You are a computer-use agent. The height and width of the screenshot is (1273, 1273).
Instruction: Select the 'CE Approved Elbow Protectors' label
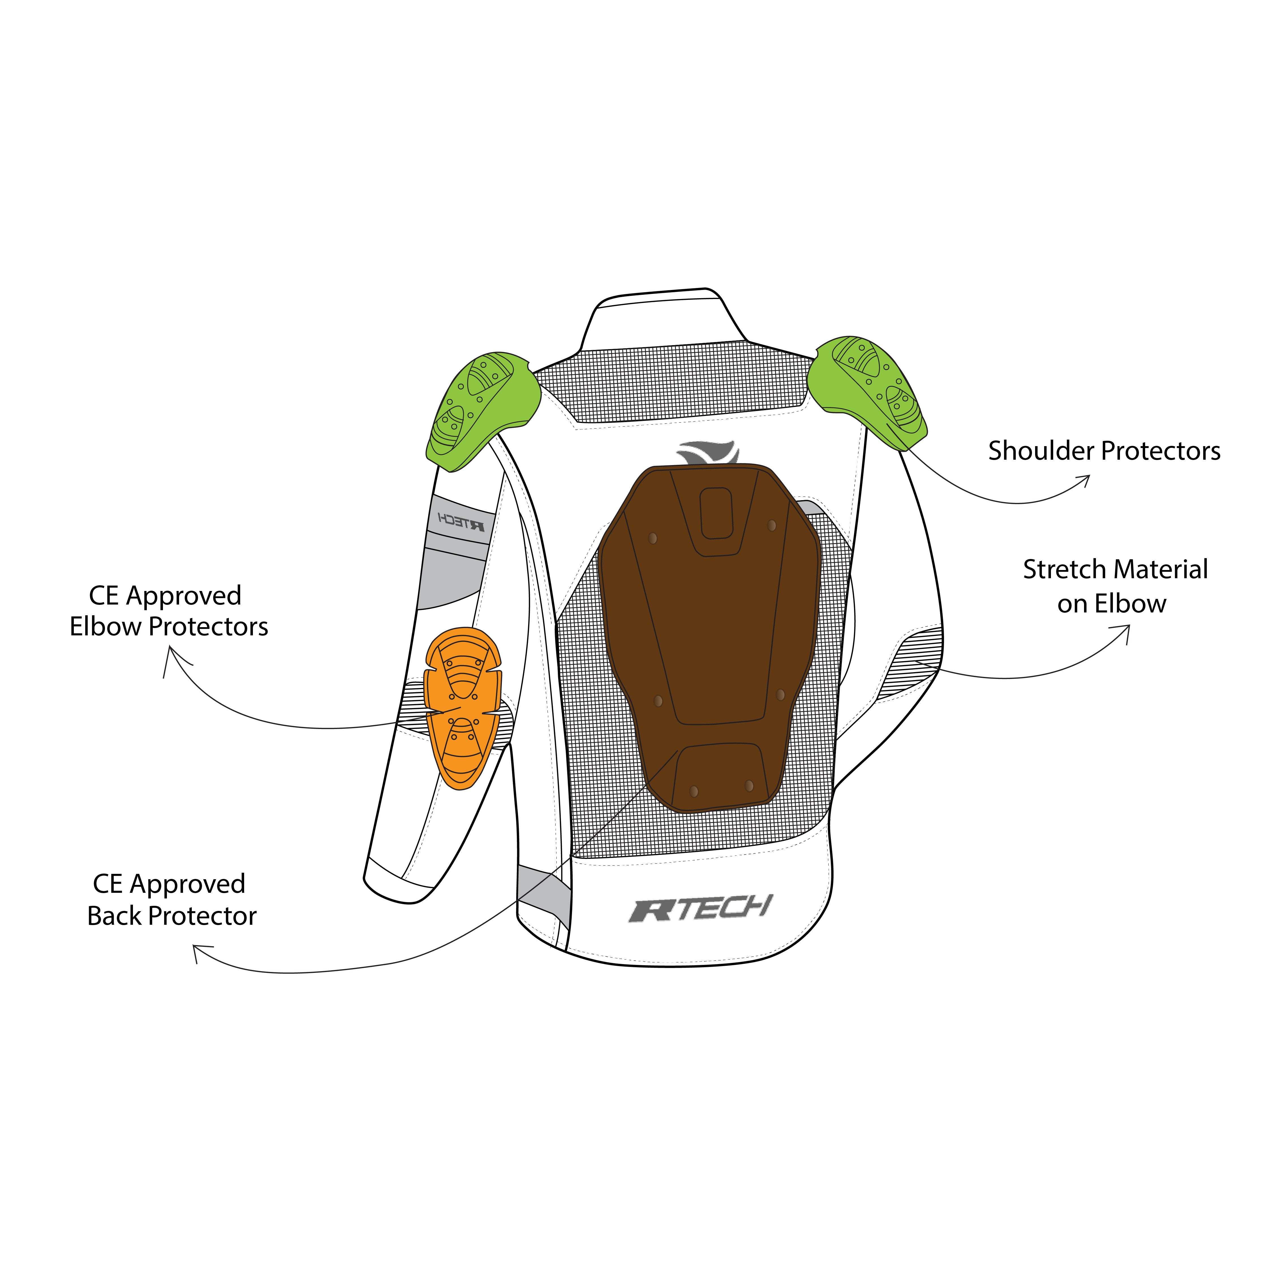(169, 611)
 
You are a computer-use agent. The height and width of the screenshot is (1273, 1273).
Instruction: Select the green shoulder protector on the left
(481, 408)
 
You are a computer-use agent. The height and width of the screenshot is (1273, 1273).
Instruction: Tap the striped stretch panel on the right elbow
(913, 659)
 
